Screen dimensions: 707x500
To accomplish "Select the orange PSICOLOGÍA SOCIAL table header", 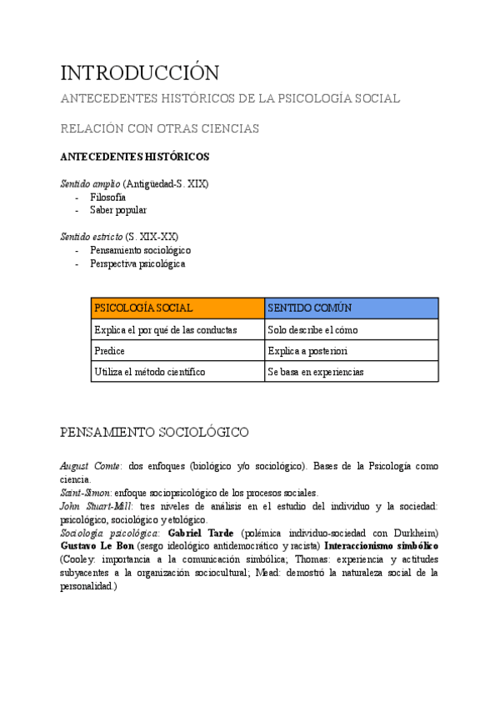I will click(x=143, y=308).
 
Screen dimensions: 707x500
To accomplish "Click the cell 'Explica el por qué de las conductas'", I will click(x=166, y=329).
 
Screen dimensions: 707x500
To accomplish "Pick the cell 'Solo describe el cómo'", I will click(x=312, y=329).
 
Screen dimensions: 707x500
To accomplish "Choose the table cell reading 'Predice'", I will click(x=110, y=351).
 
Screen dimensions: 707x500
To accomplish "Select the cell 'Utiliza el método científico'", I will click(x=150, y=372).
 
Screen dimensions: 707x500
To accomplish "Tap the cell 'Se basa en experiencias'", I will click(x=316, y=372).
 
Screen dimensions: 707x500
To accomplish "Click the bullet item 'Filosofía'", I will click(x=107, y=197).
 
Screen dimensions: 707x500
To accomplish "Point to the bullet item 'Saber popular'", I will click(x=118, y=210).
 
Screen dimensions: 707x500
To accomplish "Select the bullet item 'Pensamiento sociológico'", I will click(x=141, y=250).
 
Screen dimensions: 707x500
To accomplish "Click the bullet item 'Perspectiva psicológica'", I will click(x=138, y=263).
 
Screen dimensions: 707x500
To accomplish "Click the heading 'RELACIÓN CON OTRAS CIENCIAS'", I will click(x=160, y=128).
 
